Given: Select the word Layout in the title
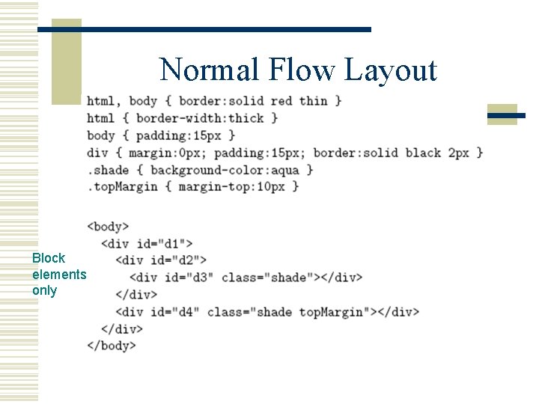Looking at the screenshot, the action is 390,70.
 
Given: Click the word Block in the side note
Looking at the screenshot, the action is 49,258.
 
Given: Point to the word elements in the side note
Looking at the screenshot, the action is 59,275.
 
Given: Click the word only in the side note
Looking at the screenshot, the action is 44,291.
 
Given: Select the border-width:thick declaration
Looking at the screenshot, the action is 200,118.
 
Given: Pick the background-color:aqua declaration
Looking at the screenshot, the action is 225,170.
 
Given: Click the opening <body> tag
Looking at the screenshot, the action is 108,226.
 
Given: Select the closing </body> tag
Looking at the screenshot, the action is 112,346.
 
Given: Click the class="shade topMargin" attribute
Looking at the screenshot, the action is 290,312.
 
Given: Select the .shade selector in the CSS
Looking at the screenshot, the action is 108,170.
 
